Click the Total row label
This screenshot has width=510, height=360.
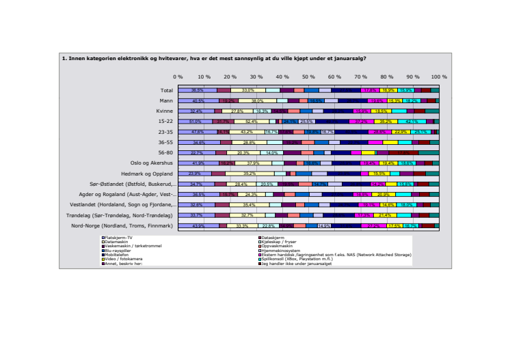point(167,90)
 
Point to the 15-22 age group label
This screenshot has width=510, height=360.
point(165,121)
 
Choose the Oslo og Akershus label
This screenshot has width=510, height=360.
point(152,163)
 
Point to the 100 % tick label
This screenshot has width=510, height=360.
point(438,77)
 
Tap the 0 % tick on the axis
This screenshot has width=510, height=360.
point(178,77)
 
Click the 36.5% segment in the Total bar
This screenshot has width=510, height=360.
point(198,90)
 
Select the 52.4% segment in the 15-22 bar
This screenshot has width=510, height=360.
point(247,121)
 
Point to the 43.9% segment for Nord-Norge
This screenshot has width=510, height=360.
point(199,225)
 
